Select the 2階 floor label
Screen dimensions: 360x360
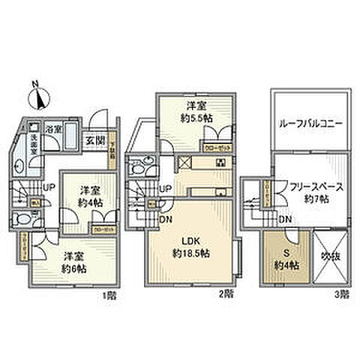221,295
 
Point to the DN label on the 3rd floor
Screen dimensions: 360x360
285,219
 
